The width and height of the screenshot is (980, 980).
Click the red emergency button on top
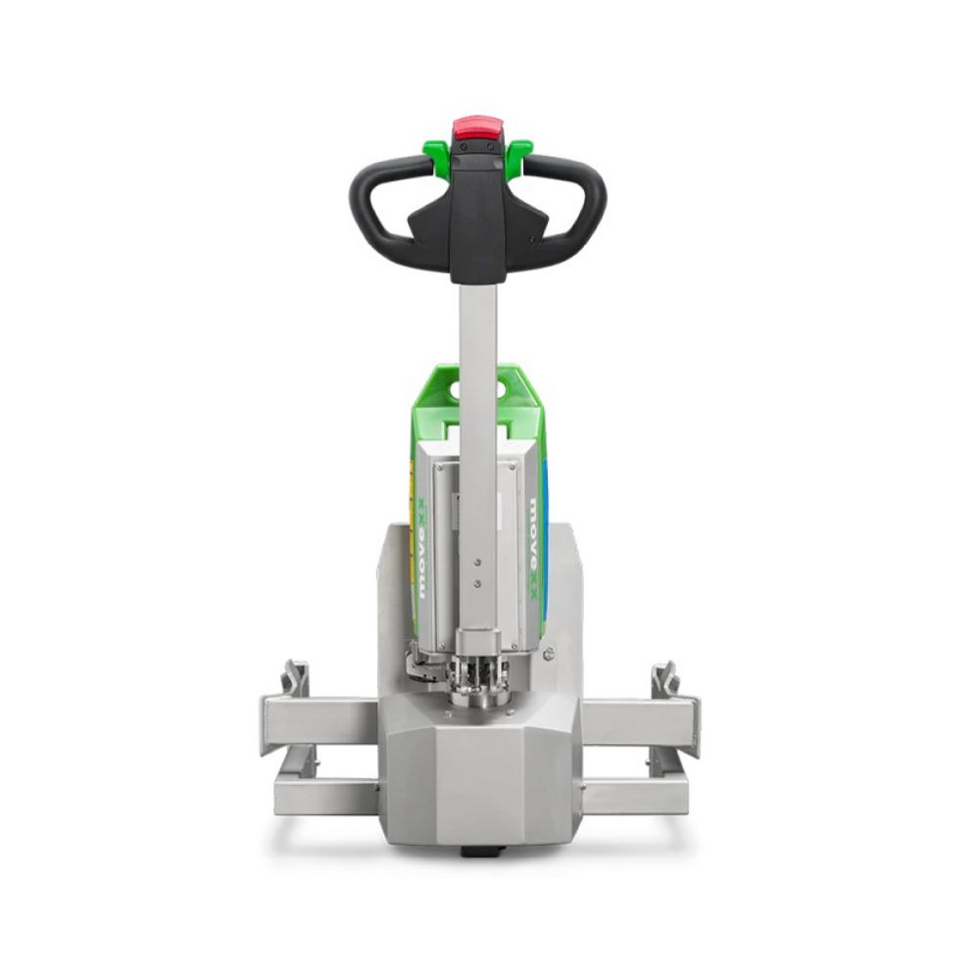[x=476, y=129]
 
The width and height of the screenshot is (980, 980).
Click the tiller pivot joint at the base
[x=477, y=676]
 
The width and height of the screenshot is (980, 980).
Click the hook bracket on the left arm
[x=295, y=677]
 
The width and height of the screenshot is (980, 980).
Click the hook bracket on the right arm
[x=665, y=677]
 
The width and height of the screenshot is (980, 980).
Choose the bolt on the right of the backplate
[x=549, y=654]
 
